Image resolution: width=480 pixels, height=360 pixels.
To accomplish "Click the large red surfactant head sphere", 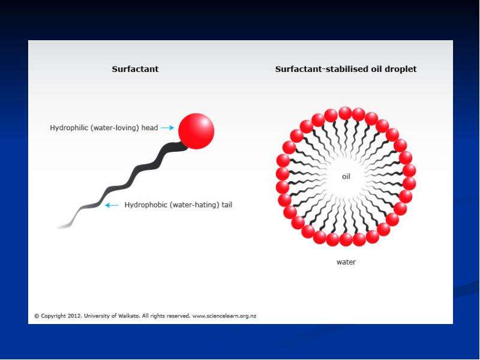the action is (196, 131).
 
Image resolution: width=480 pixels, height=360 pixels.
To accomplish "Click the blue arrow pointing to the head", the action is (167, 128).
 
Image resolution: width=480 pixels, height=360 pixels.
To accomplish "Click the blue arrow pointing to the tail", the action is (112, 205).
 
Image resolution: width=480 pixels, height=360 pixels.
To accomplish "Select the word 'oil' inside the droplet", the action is (346, 176).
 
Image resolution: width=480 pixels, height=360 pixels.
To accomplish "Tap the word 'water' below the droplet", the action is (346, 262).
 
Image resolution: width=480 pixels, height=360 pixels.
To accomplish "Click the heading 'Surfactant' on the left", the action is (135, 69).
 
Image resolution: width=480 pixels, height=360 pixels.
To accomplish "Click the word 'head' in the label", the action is (149, 128).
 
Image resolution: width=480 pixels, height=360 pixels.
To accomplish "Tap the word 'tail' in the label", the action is (227, 205).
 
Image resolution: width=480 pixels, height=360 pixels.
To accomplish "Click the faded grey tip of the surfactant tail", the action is (64, 227).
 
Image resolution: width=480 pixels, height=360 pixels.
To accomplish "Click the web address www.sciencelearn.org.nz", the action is (224, 316).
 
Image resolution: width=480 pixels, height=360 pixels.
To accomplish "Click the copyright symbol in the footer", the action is (37, 316).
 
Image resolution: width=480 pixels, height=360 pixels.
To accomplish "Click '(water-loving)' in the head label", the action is (116, 128).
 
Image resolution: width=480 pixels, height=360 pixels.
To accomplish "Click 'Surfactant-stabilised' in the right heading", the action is (322, 69).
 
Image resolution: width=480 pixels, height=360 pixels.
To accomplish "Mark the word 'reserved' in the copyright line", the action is (179, 316).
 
